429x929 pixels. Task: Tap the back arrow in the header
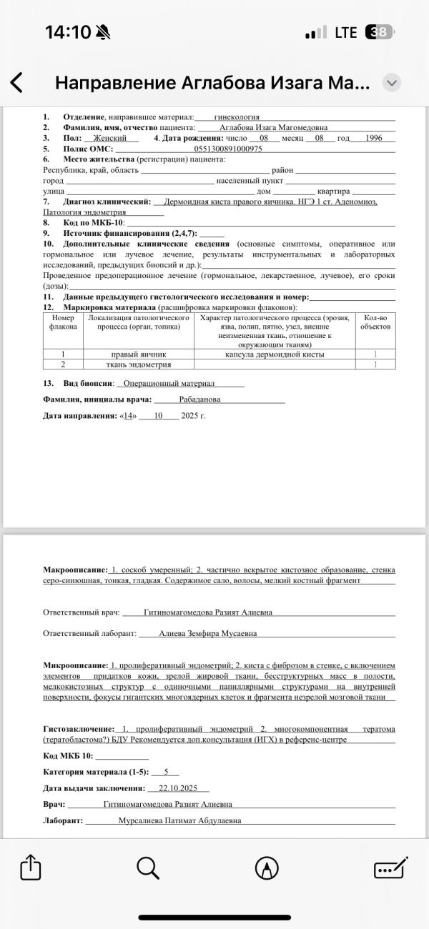16,84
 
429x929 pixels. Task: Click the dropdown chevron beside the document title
391,83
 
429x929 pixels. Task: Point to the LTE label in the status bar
346,32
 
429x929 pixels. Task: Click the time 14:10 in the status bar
68,32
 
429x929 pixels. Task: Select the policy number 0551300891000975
227,149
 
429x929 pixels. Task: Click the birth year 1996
373,138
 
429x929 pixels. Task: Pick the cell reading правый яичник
139,354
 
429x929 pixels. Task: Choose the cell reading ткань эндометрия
139,364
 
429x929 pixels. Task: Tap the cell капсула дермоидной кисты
275,354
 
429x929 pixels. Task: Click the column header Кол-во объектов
375,322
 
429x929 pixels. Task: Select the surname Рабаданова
199,399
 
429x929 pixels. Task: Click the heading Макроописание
75,570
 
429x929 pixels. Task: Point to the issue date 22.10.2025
179,788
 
